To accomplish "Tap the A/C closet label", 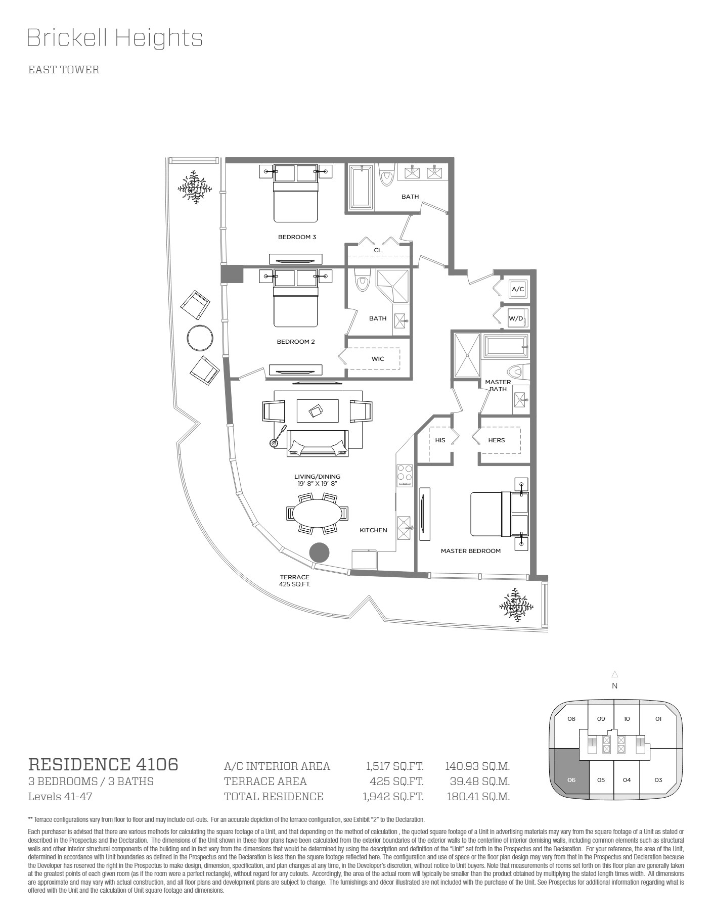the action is [518, 290].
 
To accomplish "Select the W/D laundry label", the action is [516, 318].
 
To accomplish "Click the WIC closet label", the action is [378, 359].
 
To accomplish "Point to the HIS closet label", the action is [440, 440].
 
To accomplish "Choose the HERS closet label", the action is [497, 440].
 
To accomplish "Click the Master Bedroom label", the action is [471, 551].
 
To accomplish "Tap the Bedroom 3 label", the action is [297, 237].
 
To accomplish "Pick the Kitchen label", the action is [374, 530].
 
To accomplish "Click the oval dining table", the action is [317, 513].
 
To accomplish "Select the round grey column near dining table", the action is [319, 552].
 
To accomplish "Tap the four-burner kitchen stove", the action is [405, 475].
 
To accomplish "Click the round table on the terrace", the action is [200, 338].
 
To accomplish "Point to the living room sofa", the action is [318, 443].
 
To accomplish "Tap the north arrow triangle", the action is [615, 674].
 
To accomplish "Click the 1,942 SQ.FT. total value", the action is [393, 797].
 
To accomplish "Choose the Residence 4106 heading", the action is [103, 764].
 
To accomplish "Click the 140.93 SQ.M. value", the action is [477, 766].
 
